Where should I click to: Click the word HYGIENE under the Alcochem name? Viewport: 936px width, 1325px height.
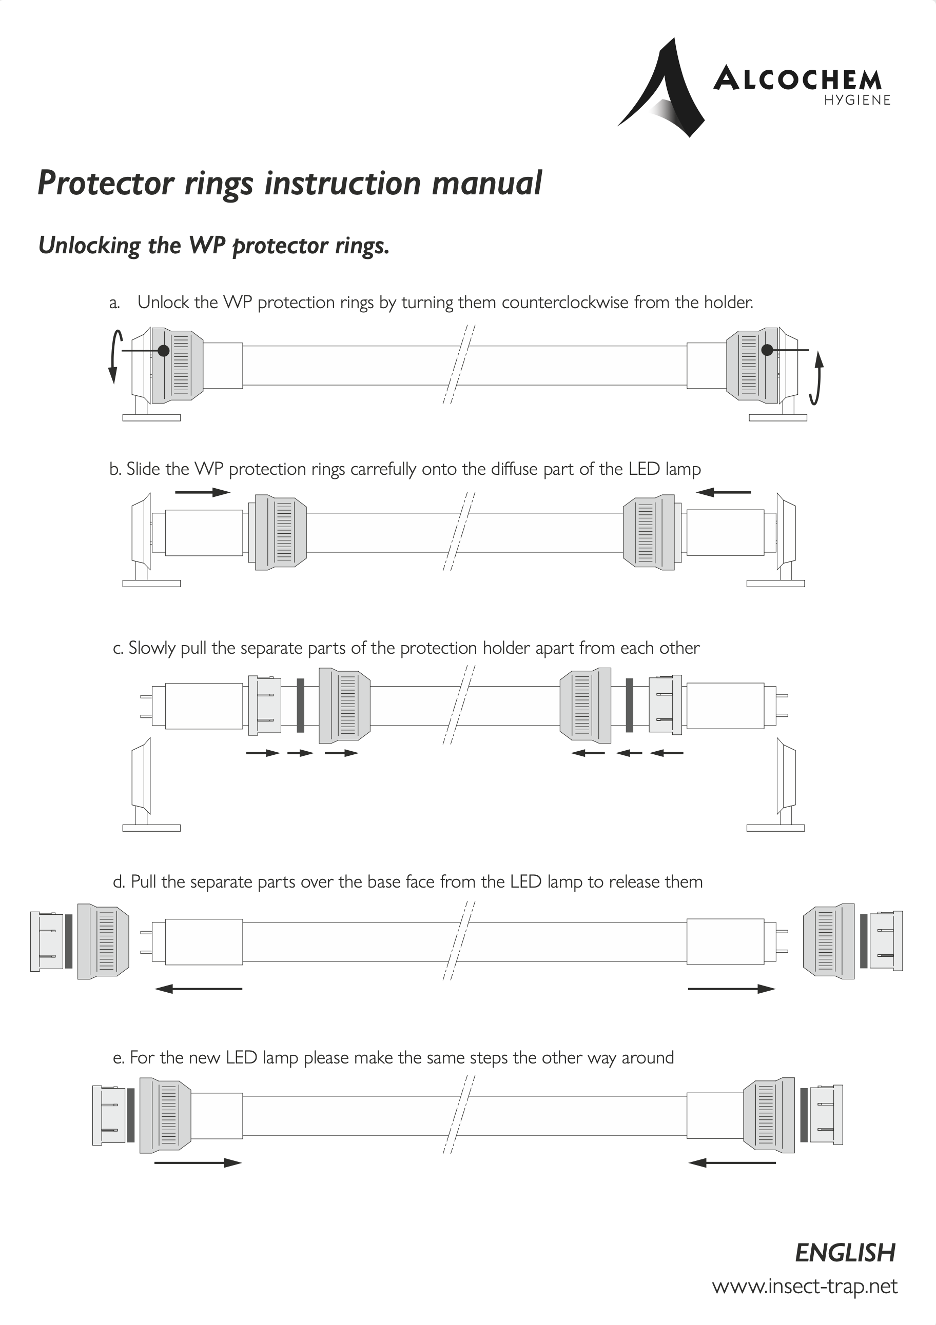(857, 101)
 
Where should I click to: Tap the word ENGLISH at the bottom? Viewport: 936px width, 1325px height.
(845, 1253)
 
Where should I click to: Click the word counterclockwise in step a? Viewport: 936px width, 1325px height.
(564, 303)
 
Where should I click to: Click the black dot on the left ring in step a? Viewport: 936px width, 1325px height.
(164, 350)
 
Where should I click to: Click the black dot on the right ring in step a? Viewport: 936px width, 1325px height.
(767, 350)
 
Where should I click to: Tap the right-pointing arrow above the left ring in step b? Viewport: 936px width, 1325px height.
(202, 492)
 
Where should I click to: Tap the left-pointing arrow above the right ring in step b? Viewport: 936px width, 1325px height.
(724, 492)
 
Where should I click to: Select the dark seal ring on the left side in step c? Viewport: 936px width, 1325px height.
(300, 705)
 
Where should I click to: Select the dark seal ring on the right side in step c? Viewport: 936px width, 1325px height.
(630, 705)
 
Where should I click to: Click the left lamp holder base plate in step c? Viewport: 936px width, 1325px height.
(151, 828)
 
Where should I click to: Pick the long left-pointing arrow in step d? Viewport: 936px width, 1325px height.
(199, 989)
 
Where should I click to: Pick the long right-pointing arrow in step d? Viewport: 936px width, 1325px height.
(732, 989)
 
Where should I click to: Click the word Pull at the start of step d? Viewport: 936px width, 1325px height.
(144, 882)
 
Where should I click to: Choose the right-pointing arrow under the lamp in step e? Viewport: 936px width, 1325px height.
(198, 1163)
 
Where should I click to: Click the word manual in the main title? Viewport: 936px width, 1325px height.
(487, 184)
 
